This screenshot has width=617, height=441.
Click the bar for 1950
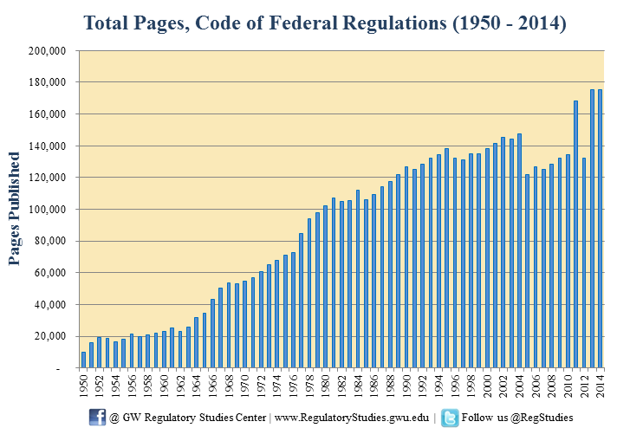pyautogui.click(x=83, y=360)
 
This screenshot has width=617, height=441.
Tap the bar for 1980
pyautogui.click(x=325, y=287)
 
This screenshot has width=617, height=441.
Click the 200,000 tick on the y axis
pyautogui.click(x=49, y=50)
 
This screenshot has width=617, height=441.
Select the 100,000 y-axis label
pyautogui.click(x=49, y=209)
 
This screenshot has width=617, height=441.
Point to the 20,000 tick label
pyautogui.click(x=51, y=336)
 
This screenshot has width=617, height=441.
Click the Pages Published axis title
pyautogui.click(x=15, y=208)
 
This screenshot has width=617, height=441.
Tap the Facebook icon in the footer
pyautogui.click(x=98, y=418)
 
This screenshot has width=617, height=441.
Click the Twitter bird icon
pyautogui.click(x=450, y=418)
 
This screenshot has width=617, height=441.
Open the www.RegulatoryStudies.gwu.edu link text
pyautogui.click(x=351, y=418)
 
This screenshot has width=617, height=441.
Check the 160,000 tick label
pyautogui.click(x=49, y=113)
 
